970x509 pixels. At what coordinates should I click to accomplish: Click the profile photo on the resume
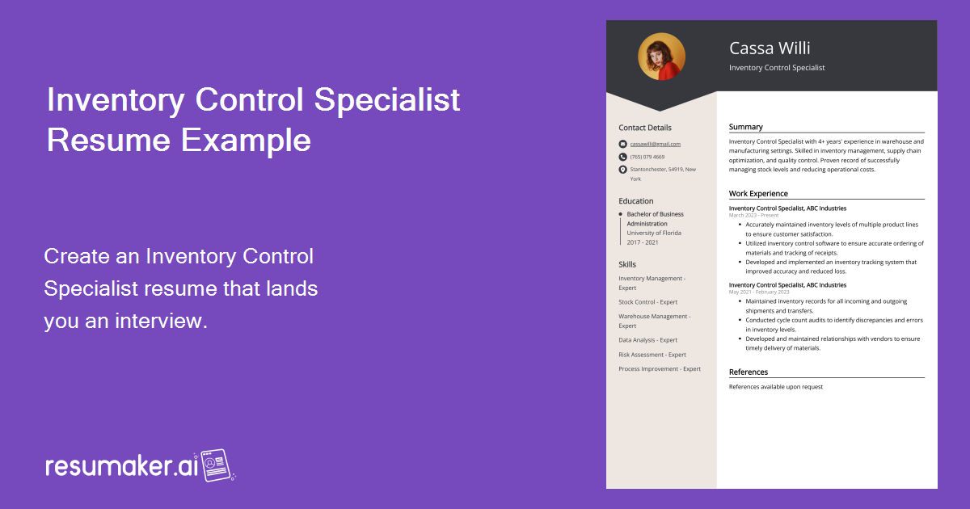point(661,57)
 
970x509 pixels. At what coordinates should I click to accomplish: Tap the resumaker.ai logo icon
point(216,465)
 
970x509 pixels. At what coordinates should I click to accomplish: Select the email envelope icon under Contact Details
point(622,144)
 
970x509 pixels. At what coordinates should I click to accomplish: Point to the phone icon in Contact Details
point(622,157)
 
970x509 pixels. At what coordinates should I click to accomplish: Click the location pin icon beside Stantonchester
point(622,170)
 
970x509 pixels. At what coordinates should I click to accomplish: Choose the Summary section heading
point(745,127)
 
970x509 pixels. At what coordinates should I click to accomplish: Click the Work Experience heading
point(758,194)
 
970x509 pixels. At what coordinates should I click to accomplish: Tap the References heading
point(749,372)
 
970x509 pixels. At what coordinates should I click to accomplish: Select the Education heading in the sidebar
point(636,201)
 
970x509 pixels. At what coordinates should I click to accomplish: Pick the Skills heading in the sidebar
point(627,264)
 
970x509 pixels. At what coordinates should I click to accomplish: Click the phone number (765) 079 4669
point(647,157)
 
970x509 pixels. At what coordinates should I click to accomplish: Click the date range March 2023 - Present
point(753,216)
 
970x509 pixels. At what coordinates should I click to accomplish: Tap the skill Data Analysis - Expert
point(648,340)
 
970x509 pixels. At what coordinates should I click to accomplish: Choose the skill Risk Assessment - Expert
point(652,355)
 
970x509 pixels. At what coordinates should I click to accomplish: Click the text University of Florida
point(654,233)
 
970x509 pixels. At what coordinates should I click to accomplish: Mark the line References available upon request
point(775,387)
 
